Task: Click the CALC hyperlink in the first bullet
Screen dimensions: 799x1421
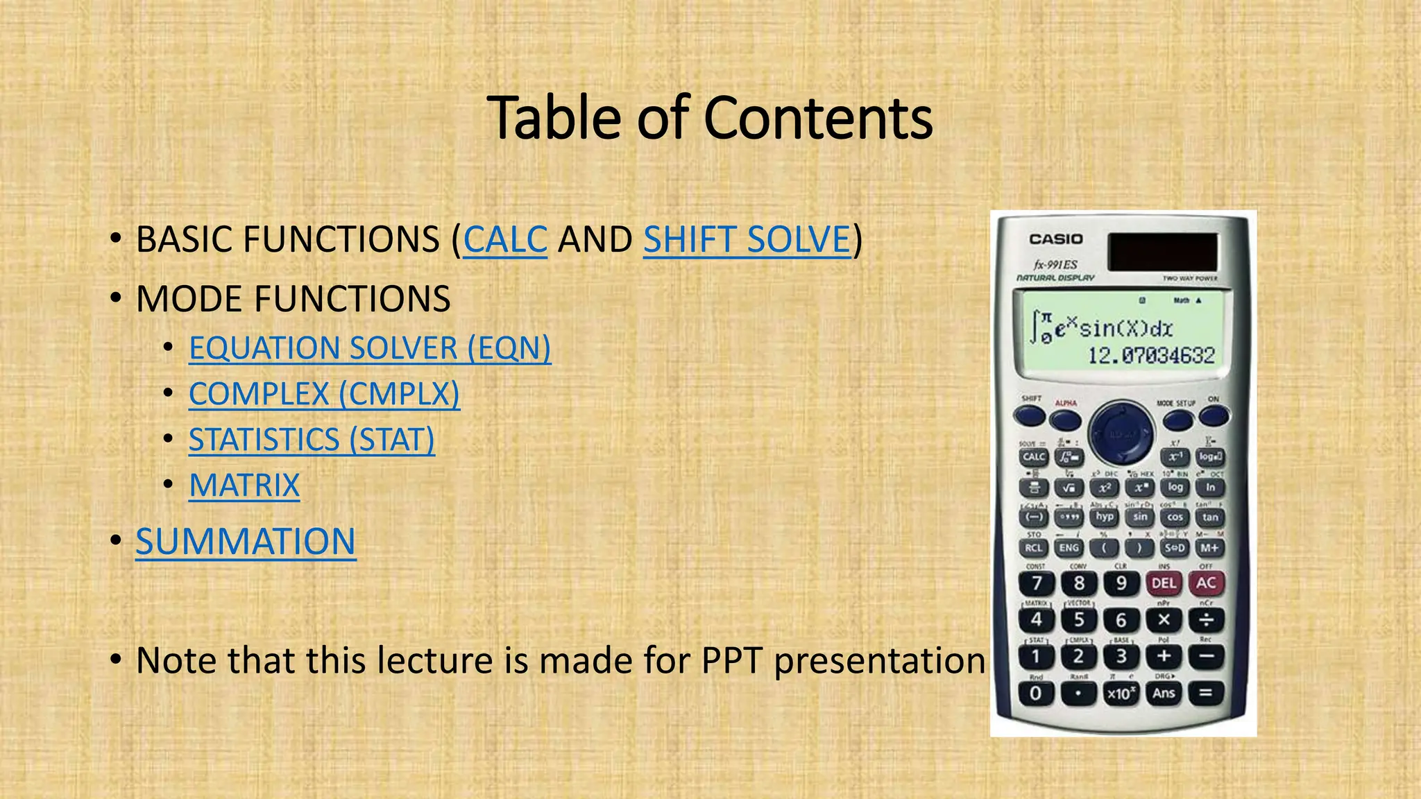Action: click(x=505, y=240)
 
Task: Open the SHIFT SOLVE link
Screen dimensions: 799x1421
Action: click(x=747, y=240)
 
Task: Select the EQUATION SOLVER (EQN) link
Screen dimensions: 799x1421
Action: click(x=370, y=348)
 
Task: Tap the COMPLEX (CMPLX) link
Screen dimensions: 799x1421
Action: click(x=324, y=394)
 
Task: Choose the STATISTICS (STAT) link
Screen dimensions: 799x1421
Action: click(x=312, y=440)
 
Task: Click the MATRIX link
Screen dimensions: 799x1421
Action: click(x=244, y=486)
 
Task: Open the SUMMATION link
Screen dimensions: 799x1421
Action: click(x=246, y=542)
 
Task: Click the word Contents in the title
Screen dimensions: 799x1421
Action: click(x=818, y=118)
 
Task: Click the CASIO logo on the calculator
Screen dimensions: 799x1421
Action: click(x=1055, y=239)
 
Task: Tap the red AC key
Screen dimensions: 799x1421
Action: click(x=1206, y=583)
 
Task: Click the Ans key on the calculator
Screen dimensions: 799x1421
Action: click(x=1164, y=693)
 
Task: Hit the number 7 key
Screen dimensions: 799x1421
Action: click(x=1037, y=583)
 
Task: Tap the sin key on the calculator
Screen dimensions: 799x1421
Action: click(x=1140, y=517)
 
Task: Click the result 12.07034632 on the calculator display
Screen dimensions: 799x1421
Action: click(x=1150, y=356)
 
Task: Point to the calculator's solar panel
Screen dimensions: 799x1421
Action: click(x=1162, y=251)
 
